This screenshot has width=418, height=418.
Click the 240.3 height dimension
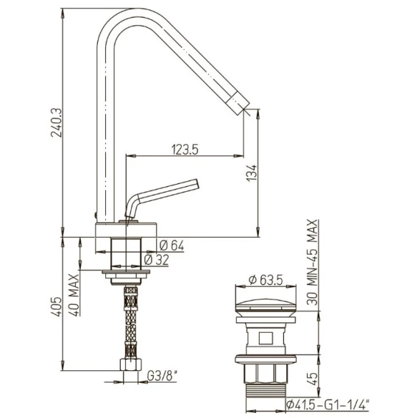click(x=57, y=123)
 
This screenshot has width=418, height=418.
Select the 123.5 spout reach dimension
click(x=185, y=149)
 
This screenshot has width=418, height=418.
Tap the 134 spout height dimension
click(x=252, y=173)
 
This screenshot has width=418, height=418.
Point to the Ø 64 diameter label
click(x=171, y=246)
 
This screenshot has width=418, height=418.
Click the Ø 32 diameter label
click(x=156, y=260)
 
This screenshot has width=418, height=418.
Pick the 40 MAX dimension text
click(x=74, y=295)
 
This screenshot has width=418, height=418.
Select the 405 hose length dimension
click(x=57, y=307)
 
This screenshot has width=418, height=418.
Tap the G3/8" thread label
click(x=162, y=376)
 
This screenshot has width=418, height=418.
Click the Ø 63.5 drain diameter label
click(x=266, y=280)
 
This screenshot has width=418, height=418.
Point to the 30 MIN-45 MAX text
click(x=312, y=262)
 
